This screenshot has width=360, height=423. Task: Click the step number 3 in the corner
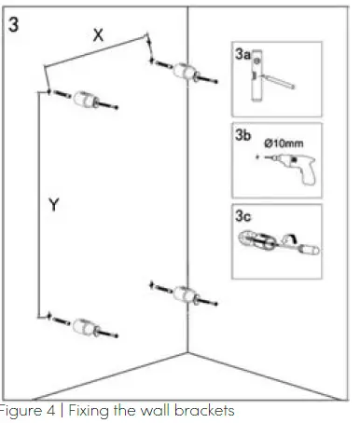15,23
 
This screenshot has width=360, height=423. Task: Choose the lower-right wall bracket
186,293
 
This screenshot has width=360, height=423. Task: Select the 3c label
242,215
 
